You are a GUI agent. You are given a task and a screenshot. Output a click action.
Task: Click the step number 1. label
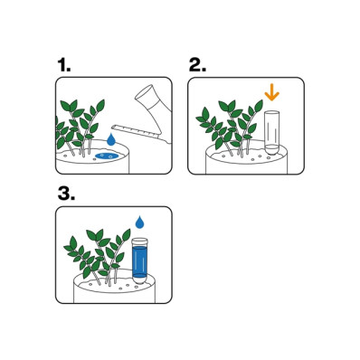64,65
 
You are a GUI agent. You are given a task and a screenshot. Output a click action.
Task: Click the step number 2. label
197,65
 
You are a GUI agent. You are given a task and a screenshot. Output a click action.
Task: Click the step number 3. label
66,194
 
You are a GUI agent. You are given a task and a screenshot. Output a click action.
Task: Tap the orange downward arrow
271,93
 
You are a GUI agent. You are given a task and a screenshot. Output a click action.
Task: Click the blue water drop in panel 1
111,140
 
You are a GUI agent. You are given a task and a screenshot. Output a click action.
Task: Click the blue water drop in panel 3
139,223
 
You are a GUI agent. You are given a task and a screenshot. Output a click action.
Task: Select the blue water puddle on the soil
107,156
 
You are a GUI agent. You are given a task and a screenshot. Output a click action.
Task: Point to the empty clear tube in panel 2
271,133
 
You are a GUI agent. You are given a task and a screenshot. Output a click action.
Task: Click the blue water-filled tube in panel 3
140,260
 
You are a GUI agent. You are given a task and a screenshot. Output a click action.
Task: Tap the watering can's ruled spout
138,133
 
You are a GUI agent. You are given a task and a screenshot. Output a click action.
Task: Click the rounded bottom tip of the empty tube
271,151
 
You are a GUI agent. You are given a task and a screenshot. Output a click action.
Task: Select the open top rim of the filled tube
140,241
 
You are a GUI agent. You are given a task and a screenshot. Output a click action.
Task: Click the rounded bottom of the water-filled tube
140,279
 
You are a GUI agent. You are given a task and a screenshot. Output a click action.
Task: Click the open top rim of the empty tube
271,113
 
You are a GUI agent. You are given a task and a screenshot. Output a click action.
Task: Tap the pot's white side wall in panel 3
115,296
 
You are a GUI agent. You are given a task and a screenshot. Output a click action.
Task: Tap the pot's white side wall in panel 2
246,166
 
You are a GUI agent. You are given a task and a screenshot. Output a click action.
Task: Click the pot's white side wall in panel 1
92,166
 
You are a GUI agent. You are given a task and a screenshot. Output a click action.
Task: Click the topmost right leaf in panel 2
259,106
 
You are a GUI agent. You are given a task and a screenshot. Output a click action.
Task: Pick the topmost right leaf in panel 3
127,235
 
